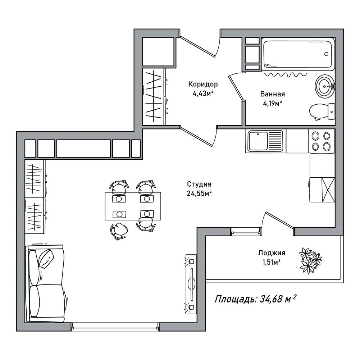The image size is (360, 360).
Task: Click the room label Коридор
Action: coord(203,84)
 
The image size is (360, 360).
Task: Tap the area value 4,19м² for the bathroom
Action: coord(273,104)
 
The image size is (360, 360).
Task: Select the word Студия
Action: coord(199,184)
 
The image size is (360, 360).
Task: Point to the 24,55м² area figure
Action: coord(199,194)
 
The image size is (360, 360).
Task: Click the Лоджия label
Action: coord(272,253)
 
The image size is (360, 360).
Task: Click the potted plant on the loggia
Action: coord(310,260)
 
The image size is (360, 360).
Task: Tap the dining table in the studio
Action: coord(133,206)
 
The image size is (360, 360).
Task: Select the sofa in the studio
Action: coord(45,283)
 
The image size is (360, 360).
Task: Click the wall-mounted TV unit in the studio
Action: coord(191,284)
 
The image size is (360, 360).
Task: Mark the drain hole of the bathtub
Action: coord(326,54)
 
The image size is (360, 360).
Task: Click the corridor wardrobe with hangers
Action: coord(154,96)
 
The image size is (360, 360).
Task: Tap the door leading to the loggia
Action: coord(279,220)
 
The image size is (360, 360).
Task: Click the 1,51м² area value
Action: coord(272,262)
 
